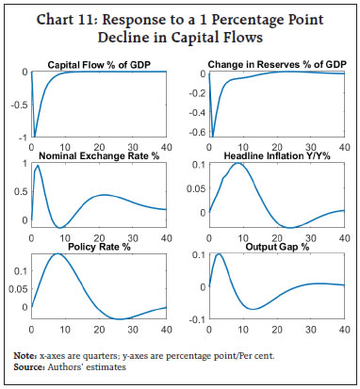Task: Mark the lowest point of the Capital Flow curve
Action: click(x=35, y=137)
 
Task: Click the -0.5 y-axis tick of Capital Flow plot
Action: click(x=19, y=105)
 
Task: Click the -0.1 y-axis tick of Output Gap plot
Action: click(x=194, y=321)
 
